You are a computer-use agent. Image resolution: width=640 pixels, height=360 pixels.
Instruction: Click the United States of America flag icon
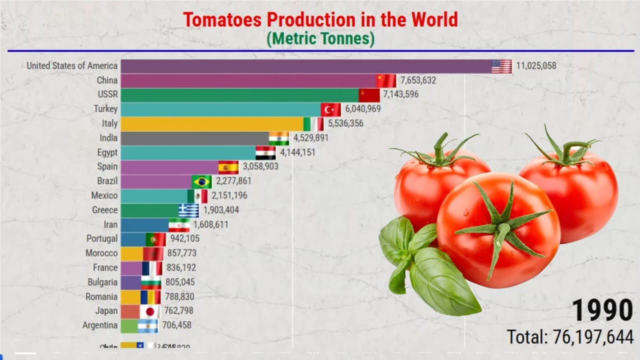(501, 66)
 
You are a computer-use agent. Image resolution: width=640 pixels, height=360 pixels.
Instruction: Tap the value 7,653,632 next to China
(418, 80)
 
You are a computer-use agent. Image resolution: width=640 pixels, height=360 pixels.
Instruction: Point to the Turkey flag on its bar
(330, 109)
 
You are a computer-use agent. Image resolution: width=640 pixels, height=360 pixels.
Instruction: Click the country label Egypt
(107, 152)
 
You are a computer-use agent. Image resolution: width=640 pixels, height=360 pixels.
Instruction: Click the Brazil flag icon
(201, 181)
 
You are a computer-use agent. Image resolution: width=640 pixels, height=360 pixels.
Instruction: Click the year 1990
(602, 310)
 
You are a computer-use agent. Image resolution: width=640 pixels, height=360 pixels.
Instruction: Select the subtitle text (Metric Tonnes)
(320, 38)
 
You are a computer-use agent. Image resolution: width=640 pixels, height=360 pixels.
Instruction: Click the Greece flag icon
(189, 210)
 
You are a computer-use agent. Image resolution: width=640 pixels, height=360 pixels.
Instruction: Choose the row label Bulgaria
(102, 282)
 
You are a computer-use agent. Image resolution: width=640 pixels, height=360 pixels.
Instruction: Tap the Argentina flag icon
(147, 326)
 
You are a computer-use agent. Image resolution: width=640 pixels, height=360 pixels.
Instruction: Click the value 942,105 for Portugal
(185, 238)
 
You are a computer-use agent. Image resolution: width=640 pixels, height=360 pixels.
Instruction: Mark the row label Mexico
(104, 195)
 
